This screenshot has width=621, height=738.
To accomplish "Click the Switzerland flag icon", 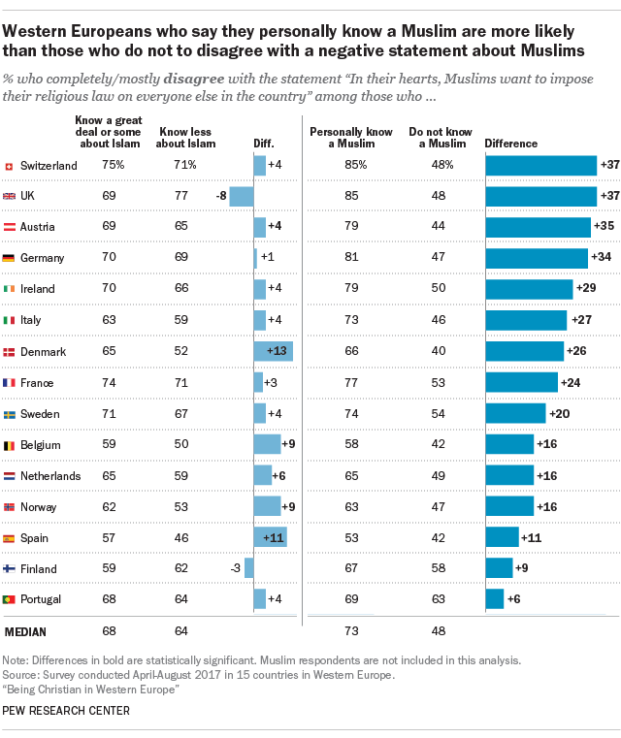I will (10, 166).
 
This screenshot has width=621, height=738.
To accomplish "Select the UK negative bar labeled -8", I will (242, 196).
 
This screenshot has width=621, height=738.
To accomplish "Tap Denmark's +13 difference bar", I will (273, 351).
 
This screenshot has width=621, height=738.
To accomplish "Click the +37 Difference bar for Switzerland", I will (540, 166).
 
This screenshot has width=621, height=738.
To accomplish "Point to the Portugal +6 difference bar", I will (495, 599).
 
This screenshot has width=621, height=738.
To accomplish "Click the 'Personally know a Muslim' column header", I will (336, 137).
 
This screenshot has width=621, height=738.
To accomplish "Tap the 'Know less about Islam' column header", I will (186, 137).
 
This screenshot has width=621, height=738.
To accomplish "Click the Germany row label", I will (42, 258).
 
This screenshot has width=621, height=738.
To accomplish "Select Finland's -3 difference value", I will (236, 568).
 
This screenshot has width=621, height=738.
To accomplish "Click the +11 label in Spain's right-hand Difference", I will (533, 537).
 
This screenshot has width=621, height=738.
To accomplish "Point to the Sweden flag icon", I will (10, 413).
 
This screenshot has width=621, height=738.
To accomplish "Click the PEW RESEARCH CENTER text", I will (67, 711).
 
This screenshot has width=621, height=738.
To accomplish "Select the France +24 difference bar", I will (522, 382).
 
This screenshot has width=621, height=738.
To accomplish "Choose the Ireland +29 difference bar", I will (529, 289).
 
